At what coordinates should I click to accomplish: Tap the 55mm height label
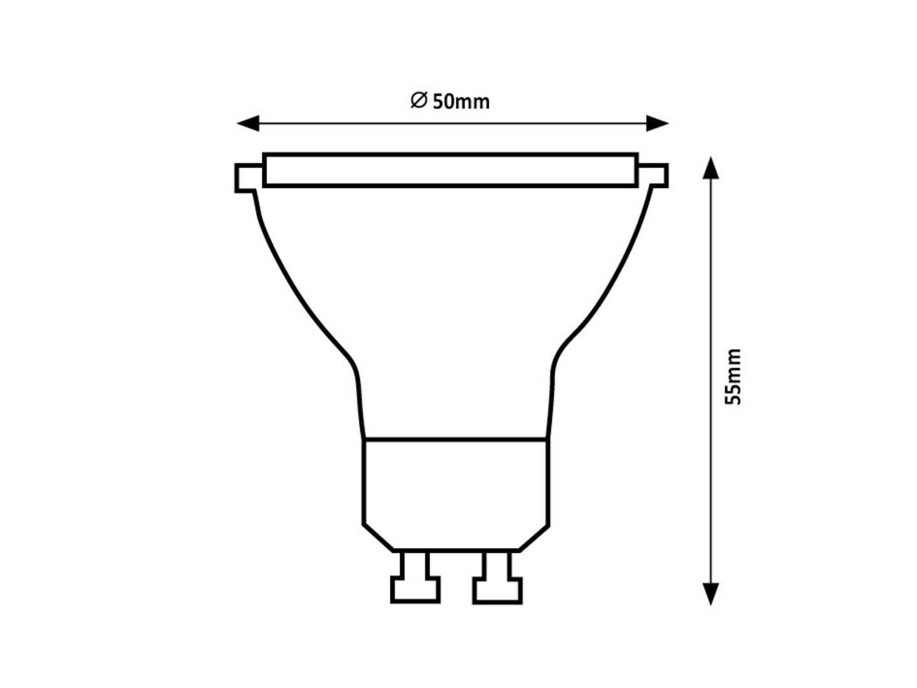732,377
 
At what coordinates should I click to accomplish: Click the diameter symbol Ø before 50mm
419,100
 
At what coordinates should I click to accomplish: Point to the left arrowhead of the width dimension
248,123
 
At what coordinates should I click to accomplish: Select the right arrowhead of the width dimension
658,123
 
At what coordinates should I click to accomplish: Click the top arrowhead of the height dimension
711,168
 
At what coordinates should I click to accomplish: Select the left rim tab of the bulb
249,178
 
